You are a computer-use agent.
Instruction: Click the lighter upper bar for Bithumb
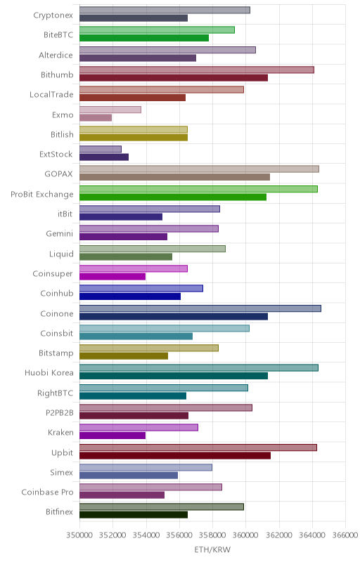tap(197, 70)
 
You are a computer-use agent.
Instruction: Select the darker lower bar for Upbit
tap(175, 455)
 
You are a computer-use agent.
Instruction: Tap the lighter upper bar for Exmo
tap(110, 110)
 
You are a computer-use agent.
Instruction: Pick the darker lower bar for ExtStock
tap(104, 157)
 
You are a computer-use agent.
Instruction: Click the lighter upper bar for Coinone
tap(200, 308)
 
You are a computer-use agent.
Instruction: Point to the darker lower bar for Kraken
tap(112, 436)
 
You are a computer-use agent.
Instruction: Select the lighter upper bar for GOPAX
tap(200, 169)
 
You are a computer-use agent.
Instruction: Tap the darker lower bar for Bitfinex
tap(134, 515)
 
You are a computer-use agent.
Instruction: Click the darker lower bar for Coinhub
tap(130, 296)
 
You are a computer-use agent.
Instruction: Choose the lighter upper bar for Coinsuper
tap(134, 268)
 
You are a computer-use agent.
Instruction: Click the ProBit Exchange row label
tap(42, 195)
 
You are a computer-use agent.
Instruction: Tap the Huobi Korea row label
tap(49, 373)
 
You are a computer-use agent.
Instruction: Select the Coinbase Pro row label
tap(47, 492)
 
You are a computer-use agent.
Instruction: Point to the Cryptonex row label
tap(53, 15)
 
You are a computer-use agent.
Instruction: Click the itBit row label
tap(65, 214)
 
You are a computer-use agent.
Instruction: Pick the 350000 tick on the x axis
tap(79, 535)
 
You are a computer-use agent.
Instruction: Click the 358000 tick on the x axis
tap(212, 535)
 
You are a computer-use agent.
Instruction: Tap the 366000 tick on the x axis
tap(345, 535)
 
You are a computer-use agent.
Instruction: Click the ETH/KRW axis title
tap(212, 549)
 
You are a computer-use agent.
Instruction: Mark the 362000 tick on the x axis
tap(279, 535)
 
